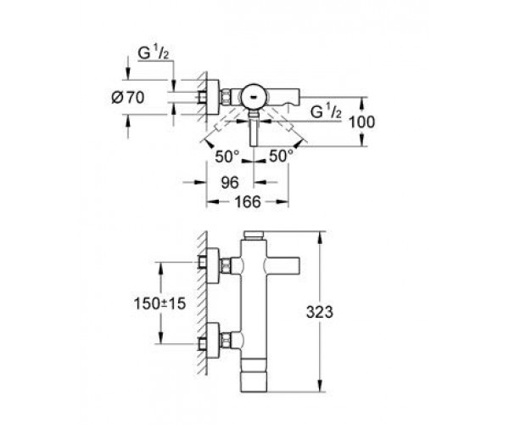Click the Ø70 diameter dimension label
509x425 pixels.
(x=127, y=98)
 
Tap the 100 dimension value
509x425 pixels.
(x=361, y=122)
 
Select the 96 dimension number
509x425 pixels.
(x=230, y=183)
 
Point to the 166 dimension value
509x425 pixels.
(x=248, y=202)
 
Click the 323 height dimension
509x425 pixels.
(x=320, y=312)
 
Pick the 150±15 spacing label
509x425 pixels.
(x=159, y=303)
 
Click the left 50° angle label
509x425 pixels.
(x=227, y=157)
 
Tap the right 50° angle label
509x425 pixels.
(x=281, y=156)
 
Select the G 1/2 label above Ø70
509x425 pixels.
(x=154, y=53)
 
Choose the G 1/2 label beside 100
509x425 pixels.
(x=326, y=111)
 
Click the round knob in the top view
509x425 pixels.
(x=255, y=97)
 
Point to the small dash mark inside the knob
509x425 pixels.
(x=254, y=97)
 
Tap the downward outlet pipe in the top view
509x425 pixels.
(x=254, y=128)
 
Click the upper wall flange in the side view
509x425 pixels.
(x=212, y=266)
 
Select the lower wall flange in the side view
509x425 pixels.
(x=212, y=340)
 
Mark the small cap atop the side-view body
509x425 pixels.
(x=255, y=235)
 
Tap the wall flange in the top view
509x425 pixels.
(x=212, y=97)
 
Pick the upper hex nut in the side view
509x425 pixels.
(x=226, y=266)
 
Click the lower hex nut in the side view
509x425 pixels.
(x=226, y=340)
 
